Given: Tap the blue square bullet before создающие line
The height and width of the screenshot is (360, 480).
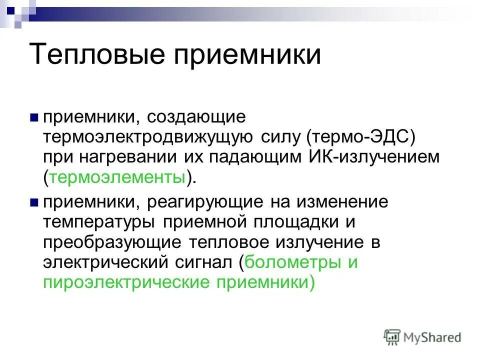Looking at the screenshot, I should pos(34,118).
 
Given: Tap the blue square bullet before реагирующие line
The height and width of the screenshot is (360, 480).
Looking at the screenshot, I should pos(34,202).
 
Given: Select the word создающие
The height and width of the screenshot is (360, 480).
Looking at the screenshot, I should pos(196,118).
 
